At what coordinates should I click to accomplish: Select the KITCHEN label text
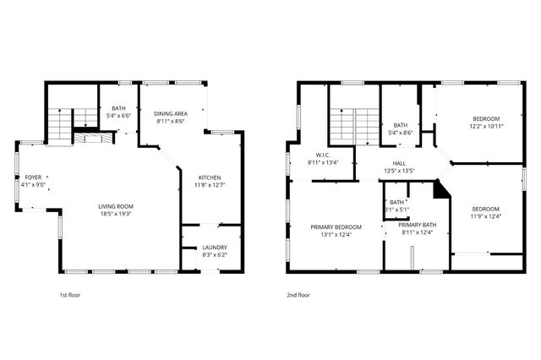coord(210,177)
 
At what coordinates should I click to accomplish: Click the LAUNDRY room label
coord(214,247)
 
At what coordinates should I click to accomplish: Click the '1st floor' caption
coord(69,295)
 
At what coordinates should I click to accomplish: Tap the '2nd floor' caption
coord(298,295)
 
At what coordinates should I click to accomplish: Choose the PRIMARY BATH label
coord(418,225)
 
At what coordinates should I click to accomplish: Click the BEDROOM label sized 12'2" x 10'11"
coord(486,118)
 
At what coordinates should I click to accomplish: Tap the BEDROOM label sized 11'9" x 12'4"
coord(485,209)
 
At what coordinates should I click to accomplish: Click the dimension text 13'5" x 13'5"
coord(401,171)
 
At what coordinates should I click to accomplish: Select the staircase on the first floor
coord(61,127)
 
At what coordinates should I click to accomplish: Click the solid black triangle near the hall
coord(440,190)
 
